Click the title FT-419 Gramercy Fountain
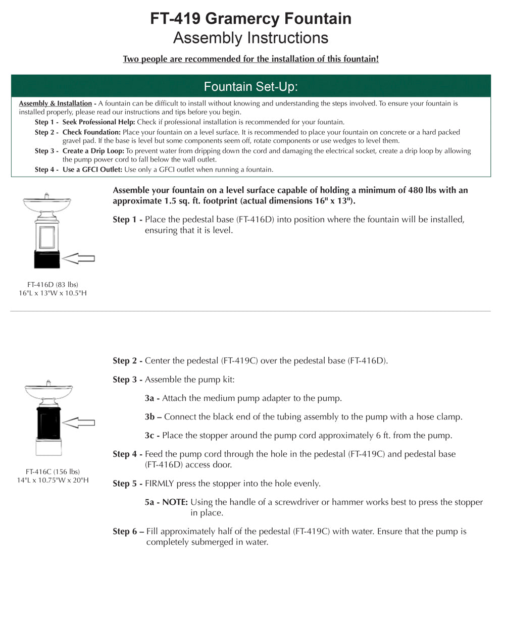(x=250, y=19)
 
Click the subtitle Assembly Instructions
(x=250, y=38)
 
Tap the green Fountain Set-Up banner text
(x=250, y=87)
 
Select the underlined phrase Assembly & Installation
(x=56, y=103)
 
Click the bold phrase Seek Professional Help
(x=98, y=122)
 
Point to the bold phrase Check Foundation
(x=91, y=132)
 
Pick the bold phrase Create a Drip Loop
(x=93, y=151)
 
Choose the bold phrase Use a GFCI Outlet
(x=92, y=170)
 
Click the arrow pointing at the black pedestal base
(x=79, y=258)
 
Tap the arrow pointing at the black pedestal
(x=79, y=422)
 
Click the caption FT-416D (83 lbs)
(x=53, y=285)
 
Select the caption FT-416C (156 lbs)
(x=53, y=472)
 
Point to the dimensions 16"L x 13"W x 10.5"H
(x=53, y=293)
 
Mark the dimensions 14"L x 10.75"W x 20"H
(x=53, y=481)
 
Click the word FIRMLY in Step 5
(x=160, y=484)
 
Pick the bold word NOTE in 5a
(x=175, y=502)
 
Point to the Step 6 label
(x=128, y=532)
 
